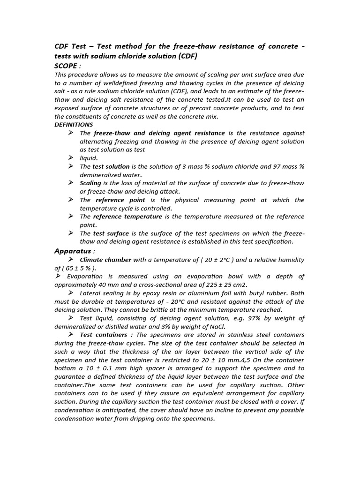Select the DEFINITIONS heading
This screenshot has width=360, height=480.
click(74, 125)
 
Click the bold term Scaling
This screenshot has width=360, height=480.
click(90, 183)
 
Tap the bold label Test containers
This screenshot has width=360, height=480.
click(104, 335)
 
